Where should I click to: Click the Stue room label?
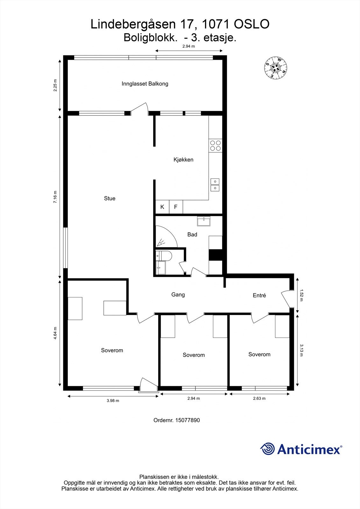(109, 199)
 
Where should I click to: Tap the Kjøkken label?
(183, 160)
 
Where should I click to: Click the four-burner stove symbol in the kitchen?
(215, 145)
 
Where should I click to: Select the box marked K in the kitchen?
(162, 207)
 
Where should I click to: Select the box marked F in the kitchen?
(176, 207)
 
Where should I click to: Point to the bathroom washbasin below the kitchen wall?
(204, 221)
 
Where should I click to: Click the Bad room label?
(192, 234)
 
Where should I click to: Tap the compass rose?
(276, 67)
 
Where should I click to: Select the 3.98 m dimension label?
(113, 401)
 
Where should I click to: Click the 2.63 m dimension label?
(259, 398)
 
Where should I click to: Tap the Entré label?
(259, 296)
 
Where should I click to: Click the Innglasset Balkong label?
(145, 84)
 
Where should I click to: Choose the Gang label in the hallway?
(178, 295)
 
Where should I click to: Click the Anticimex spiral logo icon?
(267, 449)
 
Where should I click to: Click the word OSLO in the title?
(251, 24)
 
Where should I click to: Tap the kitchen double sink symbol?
(215, 185)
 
